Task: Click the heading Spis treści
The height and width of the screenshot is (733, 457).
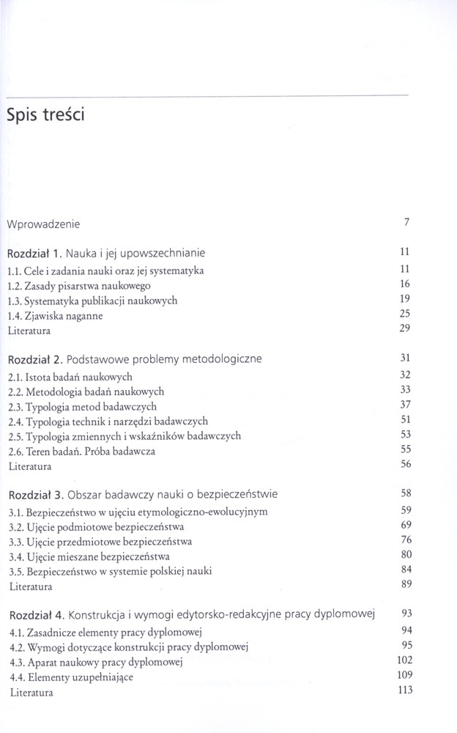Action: point(45,115)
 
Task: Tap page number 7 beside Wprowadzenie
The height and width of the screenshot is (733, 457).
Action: point(406,222)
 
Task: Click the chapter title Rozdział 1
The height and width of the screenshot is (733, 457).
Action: point(106,253)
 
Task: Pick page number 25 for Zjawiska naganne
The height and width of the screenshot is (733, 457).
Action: point(404,314)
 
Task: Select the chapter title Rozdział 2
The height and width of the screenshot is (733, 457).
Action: point(135,359)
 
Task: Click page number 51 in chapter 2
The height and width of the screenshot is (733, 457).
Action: point(404,419)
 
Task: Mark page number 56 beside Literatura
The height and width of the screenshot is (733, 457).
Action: point(404,464)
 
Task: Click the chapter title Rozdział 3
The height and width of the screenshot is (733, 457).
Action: point(143,493)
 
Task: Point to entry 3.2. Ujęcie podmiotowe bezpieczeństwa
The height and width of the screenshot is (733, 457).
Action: point(96,526)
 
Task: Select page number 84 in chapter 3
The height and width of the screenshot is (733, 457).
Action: point(404,569)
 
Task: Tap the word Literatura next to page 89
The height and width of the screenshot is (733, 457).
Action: point(30,586)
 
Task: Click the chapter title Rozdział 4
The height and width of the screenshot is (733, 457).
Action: point(192,614)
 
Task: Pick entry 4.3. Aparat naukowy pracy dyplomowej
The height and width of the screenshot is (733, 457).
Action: point(95,662)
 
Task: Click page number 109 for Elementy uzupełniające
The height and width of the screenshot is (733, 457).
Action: point(402,674)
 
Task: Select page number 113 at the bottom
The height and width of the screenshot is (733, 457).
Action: point(402,690)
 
